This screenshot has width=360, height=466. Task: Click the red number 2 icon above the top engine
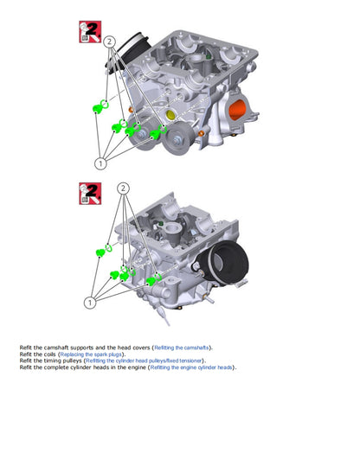coord(89,34)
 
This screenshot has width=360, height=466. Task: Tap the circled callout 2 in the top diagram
coord(110,41)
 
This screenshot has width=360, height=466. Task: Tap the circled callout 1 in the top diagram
coord(100,162)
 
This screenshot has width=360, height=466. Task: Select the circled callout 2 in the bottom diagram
coord(123,188)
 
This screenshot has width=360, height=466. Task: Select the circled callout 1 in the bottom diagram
coord(89,303)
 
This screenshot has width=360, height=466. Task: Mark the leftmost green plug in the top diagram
coord(98,107)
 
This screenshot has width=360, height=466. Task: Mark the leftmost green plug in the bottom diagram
coord(100,252)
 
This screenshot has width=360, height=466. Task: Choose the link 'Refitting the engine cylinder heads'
coord(191,368)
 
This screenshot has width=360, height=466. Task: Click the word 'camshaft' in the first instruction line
coord(54,348)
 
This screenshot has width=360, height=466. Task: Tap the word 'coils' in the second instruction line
coord(50,354)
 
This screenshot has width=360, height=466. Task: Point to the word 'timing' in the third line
coord(50,361)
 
